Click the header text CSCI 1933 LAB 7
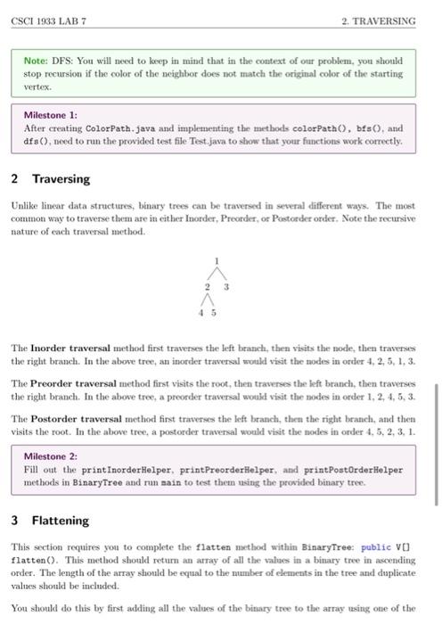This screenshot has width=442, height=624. (x=43, y=20)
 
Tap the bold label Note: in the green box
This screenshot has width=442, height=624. (x=38, y=61)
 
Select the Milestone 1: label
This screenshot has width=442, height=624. (x=50, y=115)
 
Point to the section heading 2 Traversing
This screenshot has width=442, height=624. (x=51, y=178)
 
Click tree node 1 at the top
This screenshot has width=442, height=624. (x=215, y=259)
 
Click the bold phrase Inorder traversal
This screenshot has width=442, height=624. (x=69, y=347)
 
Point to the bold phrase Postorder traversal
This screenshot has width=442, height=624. (x=76, y=415)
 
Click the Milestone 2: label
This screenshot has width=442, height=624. (x=50, y=456)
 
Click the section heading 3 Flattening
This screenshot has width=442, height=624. (x=51, y=520)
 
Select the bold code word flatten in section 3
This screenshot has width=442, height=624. (x=214, y=543)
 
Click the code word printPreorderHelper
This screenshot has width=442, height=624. (x=233, y=470)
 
